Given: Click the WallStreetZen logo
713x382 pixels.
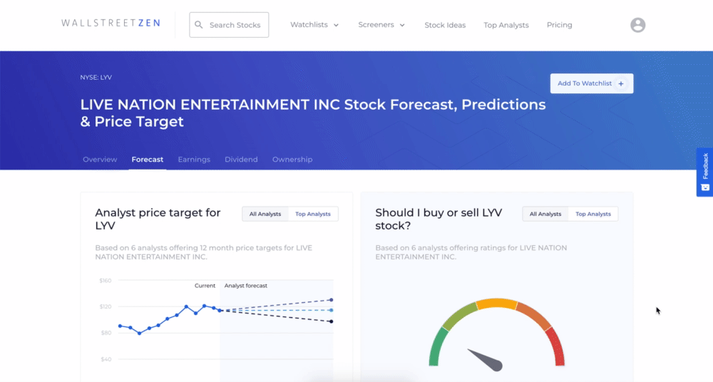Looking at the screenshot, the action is pos(111,23).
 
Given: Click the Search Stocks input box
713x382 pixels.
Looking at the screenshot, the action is pos(229,25).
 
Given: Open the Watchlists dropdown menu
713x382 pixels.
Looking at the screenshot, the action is pos(314,25).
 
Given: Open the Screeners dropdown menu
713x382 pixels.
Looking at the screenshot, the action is pos(381,25).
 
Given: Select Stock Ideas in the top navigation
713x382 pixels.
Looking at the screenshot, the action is pos(445,26).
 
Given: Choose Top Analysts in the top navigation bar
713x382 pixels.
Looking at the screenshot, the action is pos(506,26).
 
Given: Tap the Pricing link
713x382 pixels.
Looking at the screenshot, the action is pos(559,25).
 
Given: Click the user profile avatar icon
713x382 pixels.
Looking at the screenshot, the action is pos(637,25).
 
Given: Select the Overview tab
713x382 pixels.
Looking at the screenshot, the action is pos(100,160).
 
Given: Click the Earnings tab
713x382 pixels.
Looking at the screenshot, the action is pos(194,160).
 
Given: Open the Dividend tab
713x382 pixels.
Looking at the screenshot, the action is pos(241,160).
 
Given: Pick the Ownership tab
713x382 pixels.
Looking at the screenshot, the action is pos(292,160).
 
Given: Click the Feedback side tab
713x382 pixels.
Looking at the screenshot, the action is pos(705,172).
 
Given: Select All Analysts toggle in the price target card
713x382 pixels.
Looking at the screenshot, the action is pos(265,214).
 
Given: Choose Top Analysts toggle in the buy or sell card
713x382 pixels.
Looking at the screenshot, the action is pos(593,214).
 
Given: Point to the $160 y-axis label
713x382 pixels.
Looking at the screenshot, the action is pos(106,281).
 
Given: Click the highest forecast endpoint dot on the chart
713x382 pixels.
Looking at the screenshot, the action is pos(332,300).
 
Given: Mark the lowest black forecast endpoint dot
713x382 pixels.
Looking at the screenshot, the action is pos(332,321).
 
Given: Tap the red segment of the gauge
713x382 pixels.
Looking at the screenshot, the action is pos(557,347).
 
